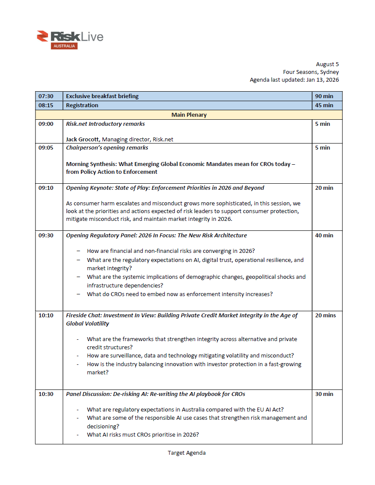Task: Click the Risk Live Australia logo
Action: [70, 39]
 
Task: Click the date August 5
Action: [327, 64]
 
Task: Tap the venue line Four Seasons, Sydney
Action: [311, 72]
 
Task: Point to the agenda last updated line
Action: [294, 80]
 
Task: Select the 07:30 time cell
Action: [46, 96]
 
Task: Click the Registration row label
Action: [82, 105]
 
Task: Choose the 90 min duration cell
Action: [324, 96]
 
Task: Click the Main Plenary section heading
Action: [189, 115]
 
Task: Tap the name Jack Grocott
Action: [82, 139]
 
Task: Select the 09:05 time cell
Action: [46, 148]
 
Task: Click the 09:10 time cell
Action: [46, 188]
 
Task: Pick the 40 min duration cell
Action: [324, 236]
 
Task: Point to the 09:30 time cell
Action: [46, 236]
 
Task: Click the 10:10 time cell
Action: [46, 316]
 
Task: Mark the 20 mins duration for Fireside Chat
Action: [325, 316]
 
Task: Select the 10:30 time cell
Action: [46, 394]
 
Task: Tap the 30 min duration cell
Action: [324, 394]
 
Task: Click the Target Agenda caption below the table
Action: [187, 453]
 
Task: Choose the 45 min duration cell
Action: [324, 105]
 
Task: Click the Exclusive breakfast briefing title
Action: [102, 96]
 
